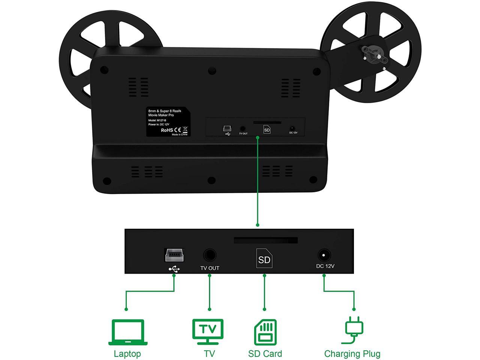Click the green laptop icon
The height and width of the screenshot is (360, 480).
click(127, 332)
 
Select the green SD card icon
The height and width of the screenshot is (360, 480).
click(265, 332)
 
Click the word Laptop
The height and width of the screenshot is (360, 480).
click(127, 354)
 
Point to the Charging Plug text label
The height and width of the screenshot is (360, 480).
click(352, 354)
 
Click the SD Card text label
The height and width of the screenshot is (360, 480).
click(265, 354)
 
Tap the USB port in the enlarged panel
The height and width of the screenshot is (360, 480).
click(174, 255)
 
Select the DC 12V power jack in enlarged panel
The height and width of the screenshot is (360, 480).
click(324, 255)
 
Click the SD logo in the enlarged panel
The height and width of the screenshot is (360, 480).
click(264, 258)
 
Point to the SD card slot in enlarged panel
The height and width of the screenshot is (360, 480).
click(265, 240)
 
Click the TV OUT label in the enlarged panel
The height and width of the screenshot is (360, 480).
click(210, 268)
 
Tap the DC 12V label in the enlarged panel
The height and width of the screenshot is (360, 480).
click(325, 266)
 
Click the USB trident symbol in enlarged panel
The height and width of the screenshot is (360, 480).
click(174, 269)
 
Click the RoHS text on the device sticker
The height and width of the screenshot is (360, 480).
click(166, 130)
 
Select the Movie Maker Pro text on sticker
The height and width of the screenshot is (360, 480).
click(161, 115)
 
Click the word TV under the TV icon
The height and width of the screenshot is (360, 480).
click(209, 354)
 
